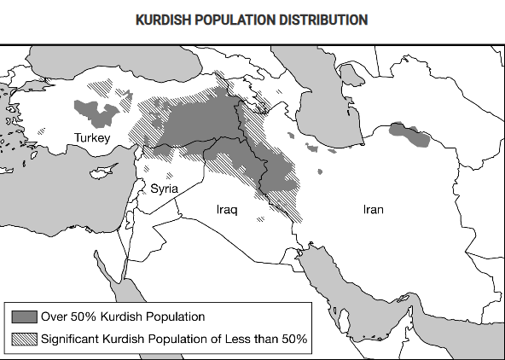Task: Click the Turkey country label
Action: click(x=92, y=137)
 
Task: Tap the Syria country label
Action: click(x=165, y=189)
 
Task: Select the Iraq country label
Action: click(x=228, y=208)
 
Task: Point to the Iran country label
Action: click(x=373, y=208)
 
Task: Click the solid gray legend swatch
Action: click(x=25, y=317)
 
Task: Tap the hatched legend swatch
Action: click(x=25, y=339)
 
